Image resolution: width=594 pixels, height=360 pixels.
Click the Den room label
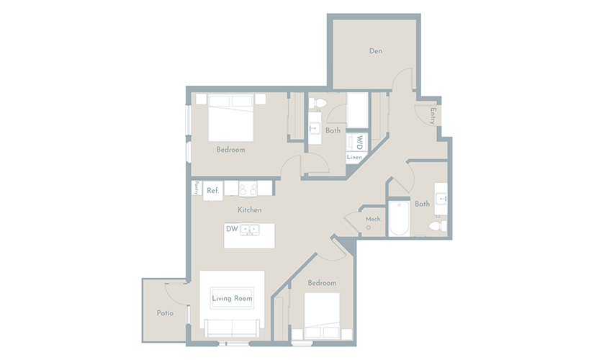(375, 51)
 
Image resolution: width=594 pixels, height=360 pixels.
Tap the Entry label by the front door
(433, 116)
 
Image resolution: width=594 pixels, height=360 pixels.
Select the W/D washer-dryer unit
(356, 142)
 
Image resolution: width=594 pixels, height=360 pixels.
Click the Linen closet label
(354, 157)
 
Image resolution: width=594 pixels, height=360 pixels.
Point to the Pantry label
(197, 188)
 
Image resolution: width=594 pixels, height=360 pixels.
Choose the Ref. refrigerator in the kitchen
(213, 191)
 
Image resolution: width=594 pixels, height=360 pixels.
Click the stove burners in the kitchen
(248, 189)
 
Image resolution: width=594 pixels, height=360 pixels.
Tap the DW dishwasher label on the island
(232, 229)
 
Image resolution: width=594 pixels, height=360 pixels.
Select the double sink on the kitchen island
(250, 230)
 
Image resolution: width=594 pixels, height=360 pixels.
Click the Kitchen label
(250, 210)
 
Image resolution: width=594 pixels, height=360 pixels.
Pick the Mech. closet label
(373, 219)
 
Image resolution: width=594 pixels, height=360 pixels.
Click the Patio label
(165, 313)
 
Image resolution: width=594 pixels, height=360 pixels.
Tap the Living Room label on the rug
(233, 298)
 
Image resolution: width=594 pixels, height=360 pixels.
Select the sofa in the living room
(233, 328)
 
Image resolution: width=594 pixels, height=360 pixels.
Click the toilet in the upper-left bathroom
(318, 103)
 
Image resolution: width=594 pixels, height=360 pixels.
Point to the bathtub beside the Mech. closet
(400, 218)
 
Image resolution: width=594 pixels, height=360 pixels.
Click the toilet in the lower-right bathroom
(438, 226)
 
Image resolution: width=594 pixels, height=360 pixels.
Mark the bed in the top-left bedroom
(230, 118)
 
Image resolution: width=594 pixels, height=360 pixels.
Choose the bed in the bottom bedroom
(322, 315)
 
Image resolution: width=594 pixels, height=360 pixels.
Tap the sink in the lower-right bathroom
(441, 199)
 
